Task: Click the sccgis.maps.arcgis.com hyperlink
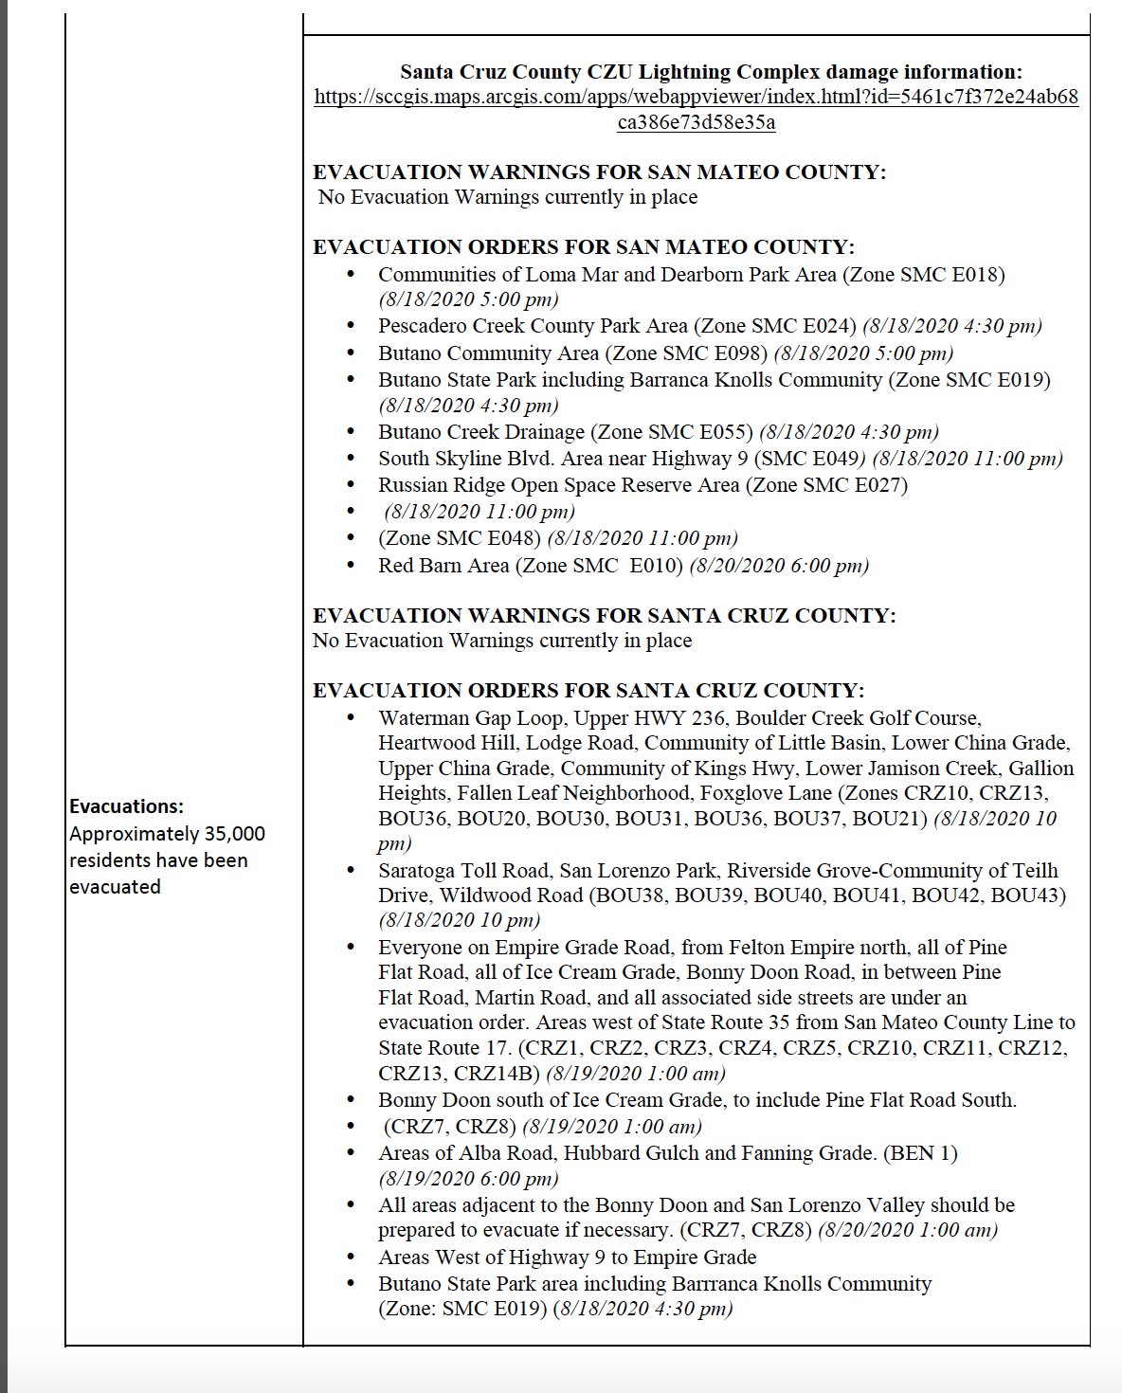696,98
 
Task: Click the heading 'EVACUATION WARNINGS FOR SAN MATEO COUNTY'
599,172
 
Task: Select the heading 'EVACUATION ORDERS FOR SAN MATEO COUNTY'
583,247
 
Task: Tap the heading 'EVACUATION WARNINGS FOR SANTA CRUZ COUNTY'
604,615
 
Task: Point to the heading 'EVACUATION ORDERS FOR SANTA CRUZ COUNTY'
588,690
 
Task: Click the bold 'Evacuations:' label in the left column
126,806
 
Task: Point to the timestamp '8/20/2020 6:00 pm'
779,566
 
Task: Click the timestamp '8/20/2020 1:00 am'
908,1230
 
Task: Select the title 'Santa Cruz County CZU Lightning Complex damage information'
711,72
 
